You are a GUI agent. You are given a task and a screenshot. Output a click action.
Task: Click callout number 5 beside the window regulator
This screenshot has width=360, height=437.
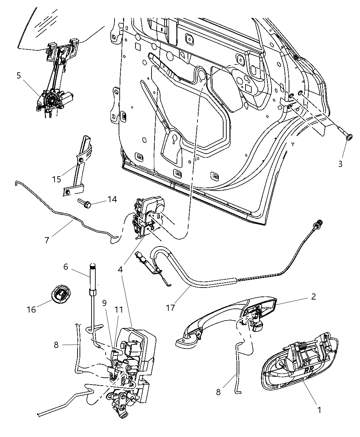19,75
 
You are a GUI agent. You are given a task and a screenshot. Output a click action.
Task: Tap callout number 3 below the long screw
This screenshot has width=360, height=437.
340,164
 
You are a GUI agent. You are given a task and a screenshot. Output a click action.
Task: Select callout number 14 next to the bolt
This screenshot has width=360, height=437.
112,199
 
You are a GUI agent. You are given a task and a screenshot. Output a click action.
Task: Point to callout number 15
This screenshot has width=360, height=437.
57,179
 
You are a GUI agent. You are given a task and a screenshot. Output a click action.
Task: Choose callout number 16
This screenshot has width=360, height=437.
31,309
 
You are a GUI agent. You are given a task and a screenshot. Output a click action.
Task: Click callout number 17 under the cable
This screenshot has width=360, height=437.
170,307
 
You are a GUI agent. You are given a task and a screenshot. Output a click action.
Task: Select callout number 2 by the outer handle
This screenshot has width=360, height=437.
313,296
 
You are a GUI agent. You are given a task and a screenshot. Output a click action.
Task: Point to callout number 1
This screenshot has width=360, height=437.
319,410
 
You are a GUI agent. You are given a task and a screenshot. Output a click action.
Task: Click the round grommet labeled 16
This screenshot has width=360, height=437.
60,295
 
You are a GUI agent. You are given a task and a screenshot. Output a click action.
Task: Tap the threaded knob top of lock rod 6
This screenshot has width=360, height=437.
93,265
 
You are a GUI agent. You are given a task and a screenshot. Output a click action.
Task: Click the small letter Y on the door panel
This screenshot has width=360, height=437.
293,144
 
